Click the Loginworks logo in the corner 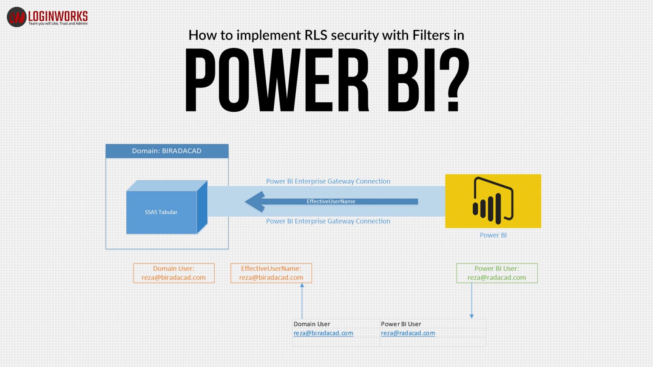47,17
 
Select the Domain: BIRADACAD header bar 167,151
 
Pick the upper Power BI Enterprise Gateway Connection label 328,181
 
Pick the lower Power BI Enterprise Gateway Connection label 328,221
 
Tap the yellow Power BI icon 493,201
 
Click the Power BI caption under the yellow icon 493,235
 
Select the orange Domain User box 173,273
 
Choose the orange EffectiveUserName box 271,273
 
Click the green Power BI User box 497,273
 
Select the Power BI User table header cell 401,324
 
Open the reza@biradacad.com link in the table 323,333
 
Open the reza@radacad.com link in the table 408,333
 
